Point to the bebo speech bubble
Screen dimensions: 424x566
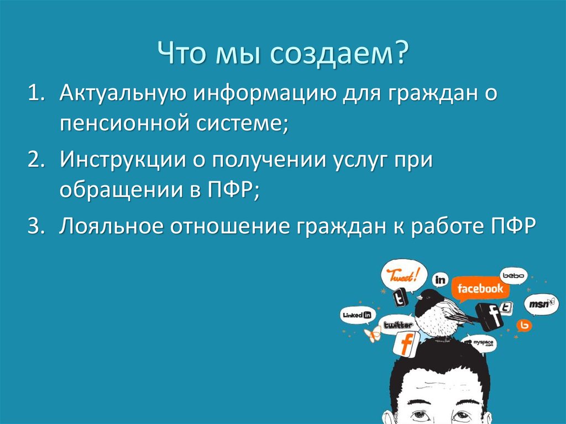[x=513, y=275]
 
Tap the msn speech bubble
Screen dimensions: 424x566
[x=539, y=303]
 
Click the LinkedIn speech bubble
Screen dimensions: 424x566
[x=357, y=315]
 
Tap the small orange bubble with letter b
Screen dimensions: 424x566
[x=524, y=326]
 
